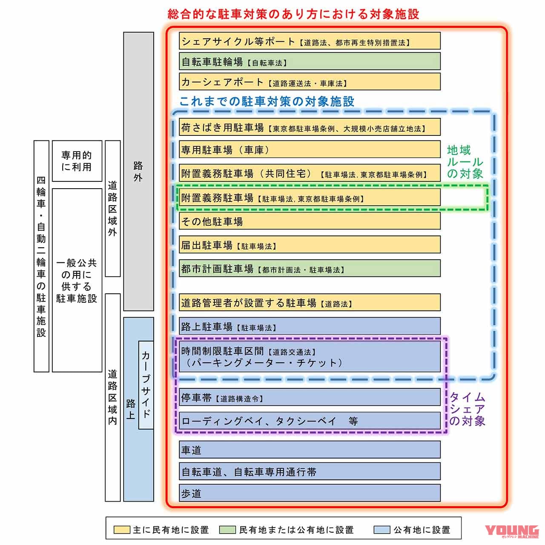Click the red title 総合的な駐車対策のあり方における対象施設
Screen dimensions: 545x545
(x=293, y=14)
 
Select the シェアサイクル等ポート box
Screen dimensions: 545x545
(x=310, y=41)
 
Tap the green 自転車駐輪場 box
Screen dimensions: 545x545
(x=310, y=62)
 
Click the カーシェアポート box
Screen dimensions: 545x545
(x=310, y=82)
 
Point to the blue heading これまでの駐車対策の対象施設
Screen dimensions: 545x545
(x=267, y=101)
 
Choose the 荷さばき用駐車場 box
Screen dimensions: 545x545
(x=310, y=127)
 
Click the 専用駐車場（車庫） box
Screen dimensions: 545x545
(x=310, y=150)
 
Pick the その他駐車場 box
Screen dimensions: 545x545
(x=310, y=221)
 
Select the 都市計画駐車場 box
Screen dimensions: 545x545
(x=310, y=269)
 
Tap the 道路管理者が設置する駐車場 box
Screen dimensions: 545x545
(x=310, y=303)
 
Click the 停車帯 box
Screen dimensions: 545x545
(x=310, y=398)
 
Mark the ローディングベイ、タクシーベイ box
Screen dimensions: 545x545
(x=310, y=421)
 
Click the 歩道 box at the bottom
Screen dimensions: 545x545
(x=310, y=493)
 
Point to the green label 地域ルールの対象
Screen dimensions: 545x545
(x=465, y=162)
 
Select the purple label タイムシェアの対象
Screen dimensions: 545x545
(x=468, y=409)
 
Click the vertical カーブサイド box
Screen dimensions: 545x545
(x=146, y=385)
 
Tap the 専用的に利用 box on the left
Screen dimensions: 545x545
(x=77, y=161)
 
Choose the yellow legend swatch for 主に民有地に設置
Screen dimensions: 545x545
(x=121, y=530)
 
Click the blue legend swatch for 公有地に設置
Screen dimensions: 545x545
(x=381, y=530)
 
